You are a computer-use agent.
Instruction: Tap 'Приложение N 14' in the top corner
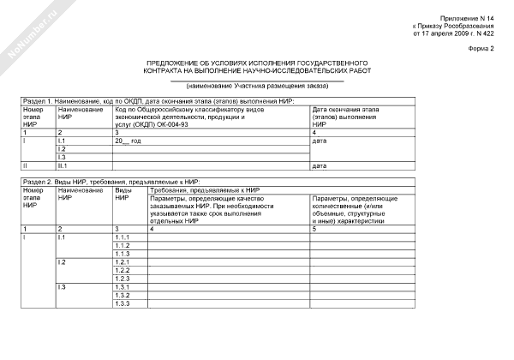468,18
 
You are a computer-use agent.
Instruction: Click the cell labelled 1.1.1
122,237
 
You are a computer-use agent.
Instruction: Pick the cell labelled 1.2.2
122,270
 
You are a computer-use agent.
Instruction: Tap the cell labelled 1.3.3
122,303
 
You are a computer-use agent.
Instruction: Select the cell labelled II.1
63,165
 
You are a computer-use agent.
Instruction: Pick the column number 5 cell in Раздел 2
314,229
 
